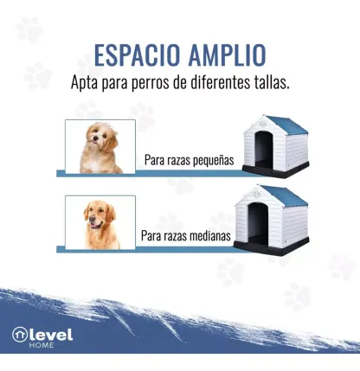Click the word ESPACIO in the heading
(137, 55)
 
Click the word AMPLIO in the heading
(227, 55)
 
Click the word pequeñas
(213, 160)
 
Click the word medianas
(208, 235)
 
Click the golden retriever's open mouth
(95, 225)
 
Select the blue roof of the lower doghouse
(285, 195)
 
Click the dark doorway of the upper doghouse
(264, 149)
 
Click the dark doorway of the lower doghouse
(258, 223)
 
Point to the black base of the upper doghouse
(275, 170)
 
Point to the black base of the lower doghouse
(271, 247)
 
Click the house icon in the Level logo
(20, 335)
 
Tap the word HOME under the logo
(42, 345)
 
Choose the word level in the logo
(51, 335)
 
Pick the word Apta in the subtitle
(84, 83)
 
